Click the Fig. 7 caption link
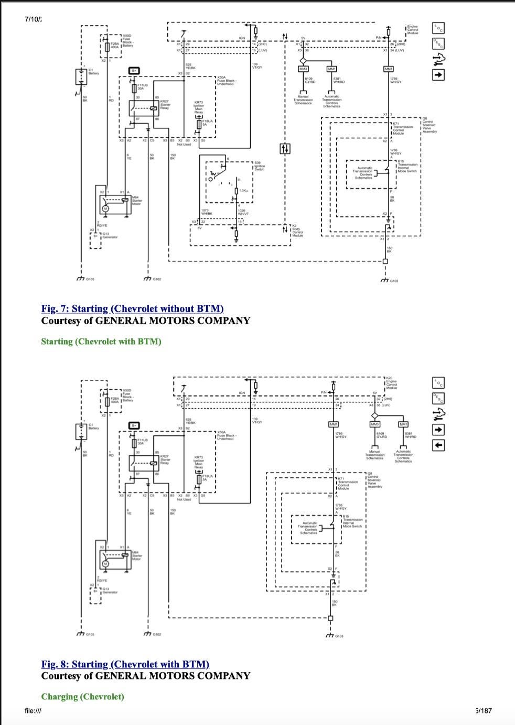[133, 308]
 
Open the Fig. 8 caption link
[125, 664]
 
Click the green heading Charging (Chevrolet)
[83, 697]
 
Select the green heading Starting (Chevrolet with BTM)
[101, 342]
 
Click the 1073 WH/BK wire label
[207, 212]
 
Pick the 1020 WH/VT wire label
[243, 212]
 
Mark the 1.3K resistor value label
[243, 190]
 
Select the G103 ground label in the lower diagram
[339, 636]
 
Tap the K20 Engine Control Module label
[392, 382]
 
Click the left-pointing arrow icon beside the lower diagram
[439, 445]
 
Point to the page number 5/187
[484, 710]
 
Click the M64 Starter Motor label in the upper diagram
[137, 201]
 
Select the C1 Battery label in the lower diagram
[94, 426]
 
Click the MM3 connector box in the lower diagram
[374, 424]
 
